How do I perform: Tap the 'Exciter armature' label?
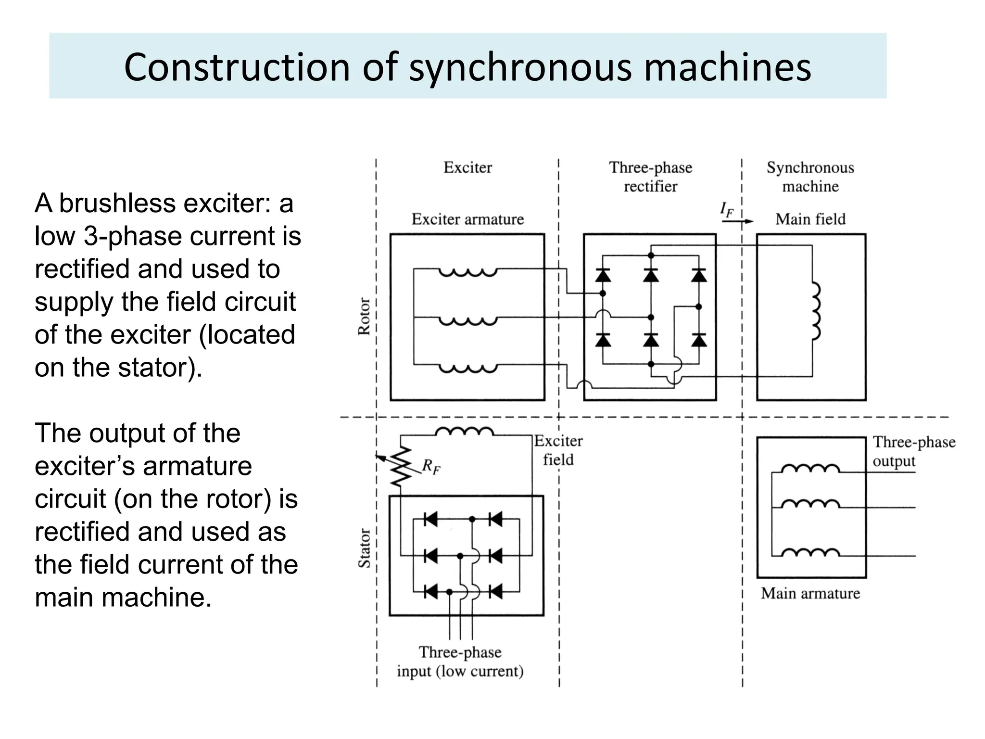point(467,219)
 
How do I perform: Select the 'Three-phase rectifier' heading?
point(650,177)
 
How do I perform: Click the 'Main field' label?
point(810,219)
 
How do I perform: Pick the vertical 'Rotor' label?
point(364,316)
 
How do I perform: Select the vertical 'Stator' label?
point(365,548)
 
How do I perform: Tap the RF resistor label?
point(431,467)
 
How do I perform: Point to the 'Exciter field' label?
point(558,450)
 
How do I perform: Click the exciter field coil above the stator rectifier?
point(464,432)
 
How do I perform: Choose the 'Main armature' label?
point(810,593)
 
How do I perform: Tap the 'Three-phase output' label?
point(913,451)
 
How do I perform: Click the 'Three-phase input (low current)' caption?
point(460,662)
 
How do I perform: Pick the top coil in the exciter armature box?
point(467,272)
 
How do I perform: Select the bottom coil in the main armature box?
point(810,552)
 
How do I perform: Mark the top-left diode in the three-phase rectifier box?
point(603,275)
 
